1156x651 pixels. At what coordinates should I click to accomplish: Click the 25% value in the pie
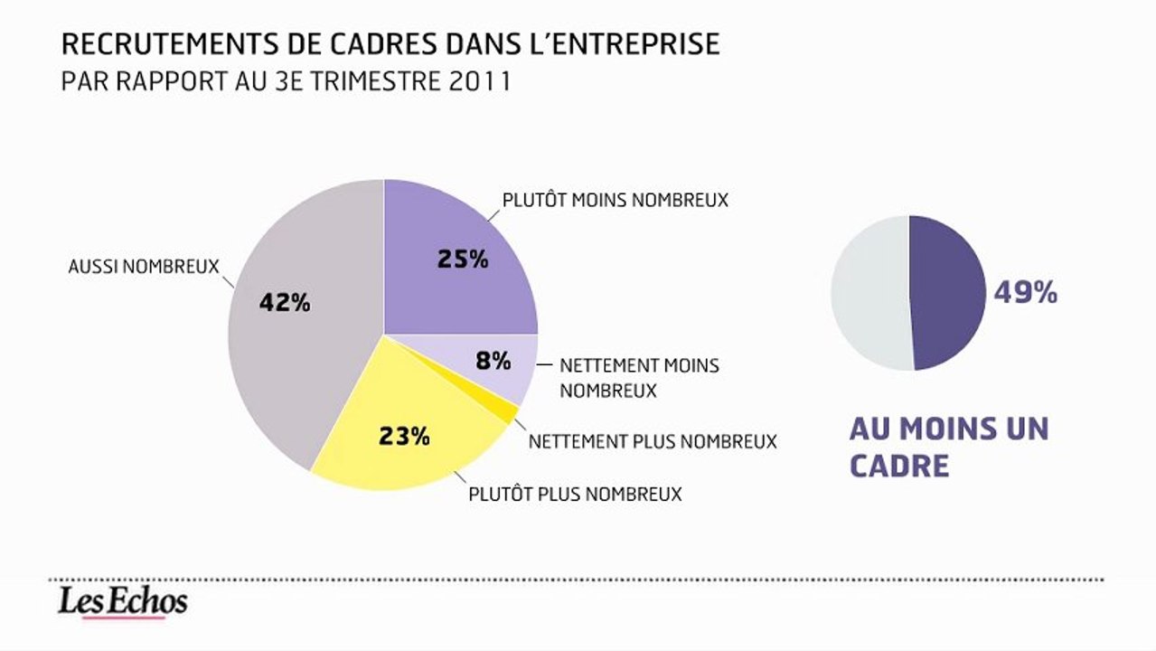(x=463, y=259)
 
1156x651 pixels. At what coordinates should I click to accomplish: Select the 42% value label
(x=285, y=303)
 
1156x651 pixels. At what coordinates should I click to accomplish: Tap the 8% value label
(x=493, y=361)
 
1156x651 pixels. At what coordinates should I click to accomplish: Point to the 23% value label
(x=404, y=437)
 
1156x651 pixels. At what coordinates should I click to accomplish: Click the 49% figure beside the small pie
(x=1025, y=293)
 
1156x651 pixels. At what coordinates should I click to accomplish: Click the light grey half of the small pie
(x=869, y=292)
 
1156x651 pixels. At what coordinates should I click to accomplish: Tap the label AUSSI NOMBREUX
(x=144, y=267)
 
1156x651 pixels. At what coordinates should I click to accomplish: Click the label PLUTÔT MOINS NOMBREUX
(x=615, y=200)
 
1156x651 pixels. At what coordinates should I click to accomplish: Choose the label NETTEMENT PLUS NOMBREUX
(x=653, y=441)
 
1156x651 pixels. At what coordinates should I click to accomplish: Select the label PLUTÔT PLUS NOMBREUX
(x=575, y=495)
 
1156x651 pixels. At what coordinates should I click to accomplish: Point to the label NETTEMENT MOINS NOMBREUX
(x=639, y=378)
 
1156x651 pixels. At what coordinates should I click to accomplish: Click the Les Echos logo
(x=122, y=602)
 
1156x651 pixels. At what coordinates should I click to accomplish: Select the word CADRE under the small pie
(x=899, y=466)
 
